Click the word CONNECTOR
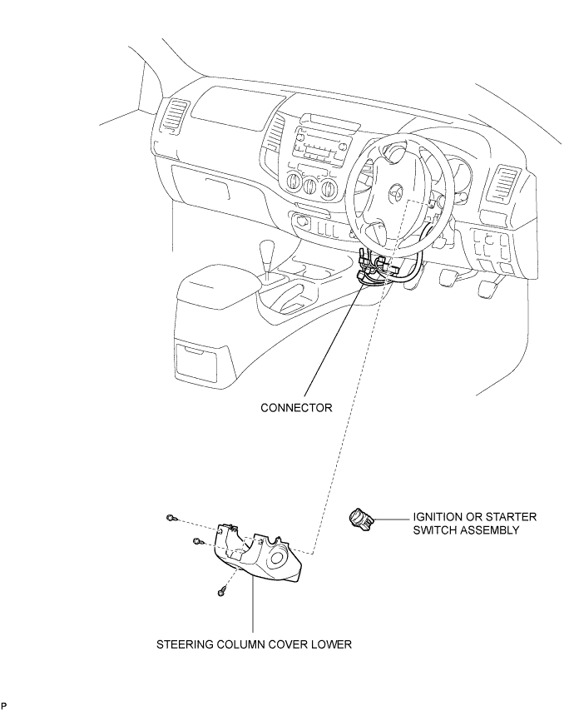coord(296,408)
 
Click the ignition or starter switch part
coord(362,519)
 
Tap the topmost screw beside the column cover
coord(171,517)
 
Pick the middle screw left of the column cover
coord(196,540)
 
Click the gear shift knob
coord(267,251)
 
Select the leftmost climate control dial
coord(294,182)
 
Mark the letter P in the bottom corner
coord(4,705)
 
